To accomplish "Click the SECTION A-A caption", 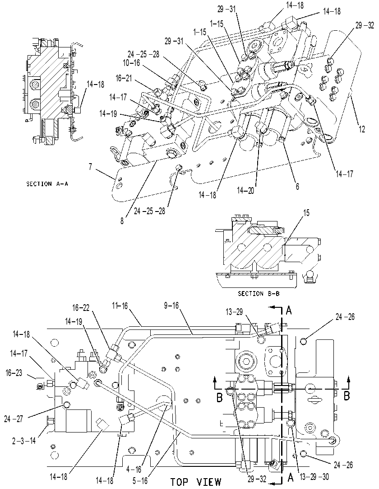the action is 47,184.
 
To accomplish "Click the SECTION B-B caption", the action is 259,293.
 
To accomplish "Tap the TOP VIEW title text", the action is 195,482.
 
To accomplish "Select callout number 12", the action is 361,129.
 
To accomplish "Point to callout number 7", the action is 90,166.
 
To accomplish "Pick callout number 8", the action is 122,221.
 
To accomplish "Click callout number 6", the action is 297,186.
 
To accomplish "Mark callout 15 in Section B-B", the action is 306,213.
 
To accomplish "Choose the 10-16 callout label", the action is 131,63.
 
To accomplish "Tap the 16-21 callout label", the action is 124,78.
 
